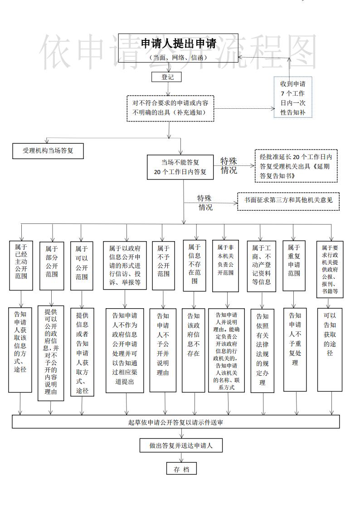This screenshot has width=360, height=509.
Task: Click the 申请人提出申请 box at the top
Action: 178,48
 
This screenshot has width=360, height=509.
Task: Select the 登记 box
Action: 167,78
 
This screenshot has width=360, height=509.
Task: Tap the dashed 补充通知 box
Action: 170,108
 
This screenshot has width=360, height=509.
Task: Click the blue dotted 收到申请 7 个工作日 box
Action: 292,97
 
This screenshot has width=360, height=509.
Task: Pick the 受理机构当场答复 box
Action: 49,150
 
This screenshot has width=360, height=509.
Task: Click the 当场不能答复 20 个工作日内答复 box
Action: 180,167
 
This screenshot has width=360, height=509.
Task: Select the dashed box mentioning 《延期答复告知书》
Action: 296,166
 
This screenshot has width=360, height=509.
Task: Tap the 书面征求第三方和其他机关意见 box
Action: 288,199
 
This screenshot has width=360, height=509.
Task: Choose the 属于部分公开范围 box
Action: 51,266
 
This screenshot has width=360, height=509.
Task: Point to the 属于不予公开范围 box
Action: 163,266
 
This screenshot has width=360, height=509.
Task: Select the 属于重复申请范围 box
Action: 294,266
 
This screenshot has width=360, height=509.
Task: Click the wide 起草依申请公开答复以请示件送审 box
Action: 175,422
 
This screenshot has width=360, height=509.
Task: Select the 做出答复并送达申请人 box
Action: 181,446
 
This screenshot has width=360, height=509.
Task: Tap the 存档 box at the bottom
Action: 181,469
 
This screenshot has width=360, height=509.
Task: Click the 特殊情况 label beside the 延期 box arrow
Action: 229,166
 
